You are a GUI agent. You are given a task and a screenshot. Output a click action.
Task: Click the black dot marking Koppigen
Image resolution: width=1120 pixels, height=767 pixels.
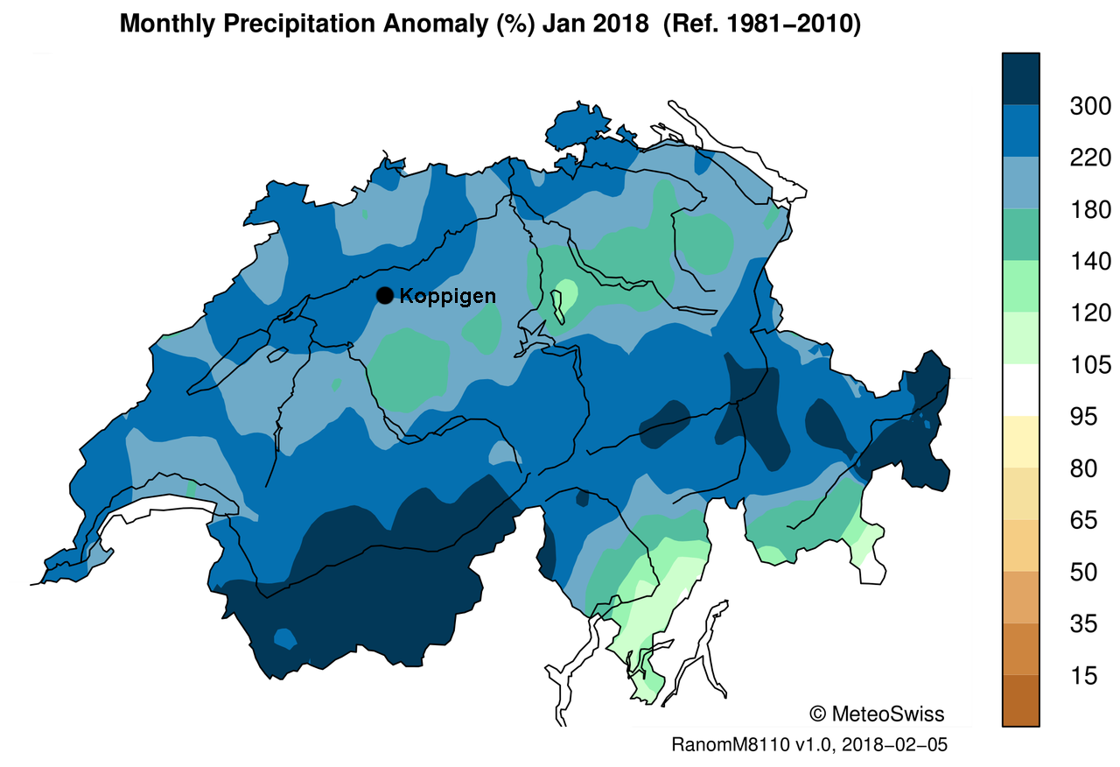click(384, 296)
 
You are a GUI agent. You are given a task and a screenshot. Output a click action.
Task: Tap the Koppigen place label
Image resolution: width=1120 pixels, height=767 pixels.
click(447, 297)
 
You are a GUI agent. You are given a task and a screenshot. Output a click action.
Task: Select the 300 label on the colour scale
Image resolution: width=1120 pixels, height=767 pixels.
click(1089, 107)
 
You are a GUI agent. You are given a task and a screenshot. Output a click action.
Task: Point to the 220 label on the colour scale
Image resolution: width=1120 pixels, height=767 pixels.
click(1089, 158)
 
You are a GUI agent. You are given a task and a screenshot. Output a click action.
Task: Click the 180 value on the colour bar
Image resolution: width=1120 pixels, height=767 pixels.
click(1089, 210)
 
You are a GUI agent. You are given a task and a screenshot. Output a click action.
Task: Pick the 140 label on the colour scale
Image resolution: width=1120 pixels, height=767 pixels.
click(1089, 262)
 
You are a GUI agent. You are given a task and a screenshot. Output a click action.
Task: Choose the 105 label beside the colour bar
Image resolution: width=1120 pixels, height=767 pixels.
click(1089, 365)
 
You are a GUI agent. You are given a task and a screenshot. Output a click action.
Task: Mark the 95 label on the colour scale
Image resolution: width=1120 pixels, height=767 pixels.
click(1089, 417)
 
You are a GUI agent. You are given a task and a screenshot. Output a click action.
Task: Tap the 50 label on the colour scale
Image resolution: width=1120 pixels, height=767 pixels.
click(1089, 573)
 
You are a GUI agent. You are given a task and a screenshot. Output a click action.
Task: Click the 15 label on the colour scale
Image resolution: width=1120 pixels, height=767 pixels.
click(1089, 676)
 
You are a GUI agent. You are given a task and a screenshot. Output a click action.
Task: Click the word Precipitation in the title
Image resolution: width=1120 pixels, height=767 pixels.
click(316, 25)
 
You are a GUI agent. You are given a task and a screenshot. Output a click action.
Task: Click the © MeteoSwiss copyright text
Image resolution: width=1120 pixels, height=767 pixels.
click(877, 714)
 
